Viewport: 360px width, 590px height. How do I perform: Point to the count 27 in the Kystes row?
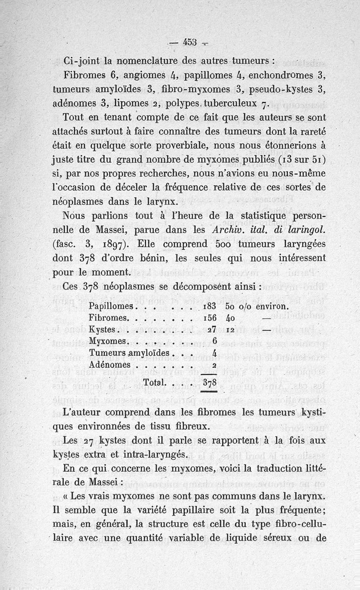click(x=213, y=329)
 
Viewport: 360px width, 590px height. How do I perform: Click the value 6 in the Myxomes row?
click(x=215, y=340)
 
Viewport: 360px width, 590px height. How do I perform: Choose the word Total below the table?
click(x=153, y=383)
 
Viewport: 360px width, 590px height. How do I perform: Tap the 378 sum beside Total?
click(x=210, y=383)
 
